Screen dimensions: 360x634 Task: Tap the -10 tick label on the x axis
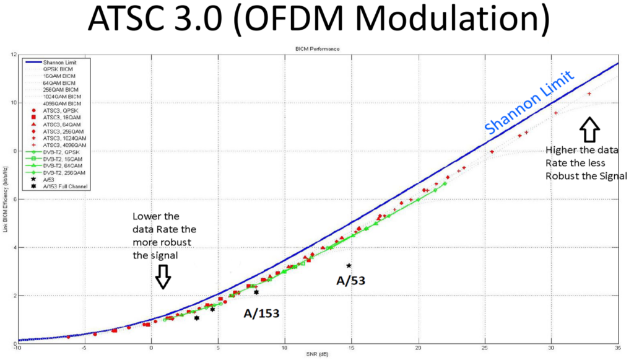[19, 348]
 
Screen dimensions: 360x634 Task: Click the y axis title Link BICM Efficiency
[5, 198]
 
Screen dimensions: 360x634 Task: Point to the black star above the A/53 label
[349, 265]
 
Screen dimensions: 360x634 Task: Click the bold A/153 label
[261, 314]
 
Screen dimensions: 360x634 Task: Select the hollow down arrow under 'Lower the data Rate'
[163, 276]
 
